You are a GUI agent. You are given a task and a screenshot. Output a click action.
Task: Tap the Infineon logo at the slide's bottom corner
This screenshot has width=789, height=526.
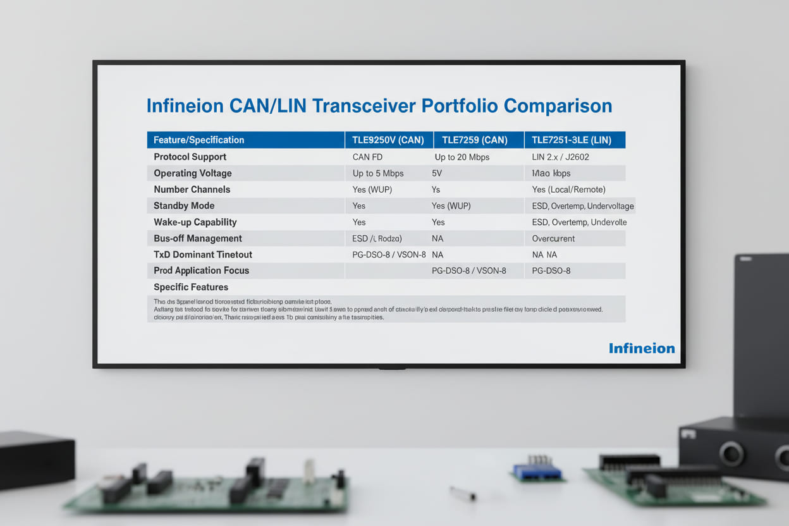pos(641,348)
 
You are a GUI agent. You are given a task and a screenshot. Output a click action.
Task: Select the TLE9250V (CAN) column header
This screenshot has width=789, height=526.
pos(388,140)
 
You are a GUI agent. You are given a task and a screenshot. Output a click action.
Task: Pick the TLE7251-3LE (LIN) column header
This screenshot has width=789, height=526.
pos(574,140)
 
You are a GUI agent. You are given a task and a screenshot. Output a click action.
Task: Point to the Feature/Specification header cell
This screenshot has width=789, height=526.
pos(199,140)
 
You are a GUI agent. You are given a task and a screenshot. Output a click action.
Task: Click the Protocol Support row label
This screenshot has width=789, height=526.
pos(190,157)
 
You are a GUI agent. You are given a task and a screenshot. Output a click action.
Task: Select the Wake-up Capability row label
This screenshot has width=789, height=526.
pos(195,222)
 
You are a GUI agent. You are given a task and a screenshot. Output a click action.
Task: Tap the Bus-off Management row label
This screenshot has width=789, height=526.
pos(197,238)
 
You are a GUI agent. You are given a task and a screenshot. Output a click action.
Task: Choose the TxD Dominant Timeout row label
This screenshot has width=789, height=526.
pos(202,255)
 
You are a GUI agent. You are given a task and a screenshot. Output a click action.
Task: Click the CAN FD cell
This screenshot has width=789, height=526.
pos(367,157)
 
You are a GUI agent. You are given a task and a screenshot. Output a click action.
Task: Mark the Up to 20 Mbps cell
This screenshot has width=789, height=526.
pos(462,157)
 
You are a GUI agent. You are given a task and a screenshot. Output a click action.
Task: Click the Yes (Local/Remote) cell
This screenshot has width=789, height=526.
pos(568,190)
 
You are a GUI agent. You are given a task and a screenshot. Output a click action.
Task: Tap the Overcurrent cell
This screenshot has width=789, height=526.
pos(553,238)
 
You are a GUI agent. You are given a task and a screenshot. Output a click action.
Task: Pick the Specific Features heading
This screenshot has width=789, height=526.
pos(191,287)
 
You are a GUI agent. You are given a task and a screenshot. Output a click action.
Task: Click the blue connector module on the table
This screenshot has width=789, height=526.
pos(537,471)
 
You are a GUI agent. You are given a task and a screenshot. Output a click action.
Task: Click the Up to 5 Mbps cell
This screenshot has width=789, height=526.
pos(378,173)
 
